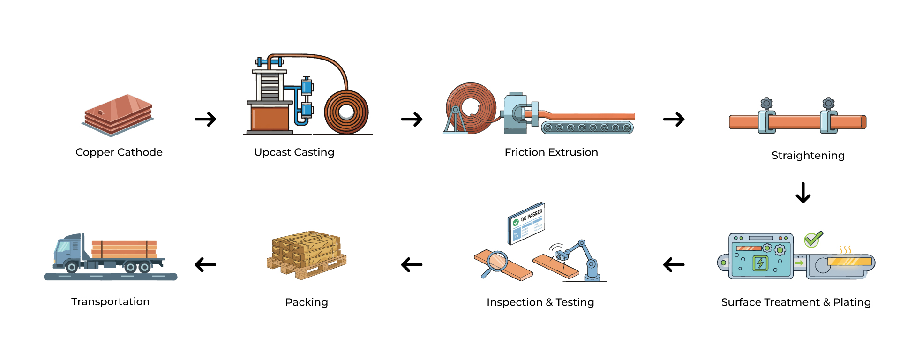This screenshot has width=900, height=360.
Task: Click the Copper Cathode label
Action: (119, 152)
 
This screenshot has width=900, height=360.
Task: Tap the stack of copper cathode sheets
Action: (118, 114)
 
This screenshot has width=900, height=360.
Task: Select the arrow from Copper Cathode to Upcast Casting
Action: (205, 119)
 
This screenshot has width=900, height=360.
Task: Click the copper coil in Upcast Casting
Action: (346, 112)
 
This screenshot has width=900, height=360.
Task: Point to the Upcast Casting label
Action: (294, 152)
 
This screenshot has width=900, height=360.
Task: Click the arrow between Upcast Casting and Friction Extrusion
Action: (412, 119)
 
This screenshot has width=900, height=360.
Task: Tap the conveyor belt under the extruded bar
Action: (587, 127)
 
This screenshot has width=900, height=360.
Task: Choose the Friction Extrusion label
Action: (551, 152)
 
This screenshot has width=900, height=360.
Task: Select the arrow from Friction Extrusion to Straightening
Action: (674, 119)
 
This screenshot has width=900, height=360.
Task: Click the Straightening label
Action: (808, 156)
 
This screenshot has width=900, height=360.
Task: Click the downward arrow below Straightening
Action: (803, 192)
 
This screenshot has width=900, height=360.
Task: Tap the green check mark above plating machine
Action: (813, 239)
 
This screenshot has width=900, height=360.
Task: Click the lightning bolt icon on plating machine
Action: (760, 263)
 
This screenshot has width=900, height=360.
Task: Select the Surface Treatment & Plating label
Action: (796, 302)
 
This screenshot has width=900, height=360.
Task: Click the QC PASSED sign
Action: (526, 223)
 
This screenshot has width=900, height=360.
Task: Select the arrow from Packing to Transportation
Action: (205, 265)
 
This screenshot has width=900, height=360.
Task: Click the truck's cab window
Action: (63, 247)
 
